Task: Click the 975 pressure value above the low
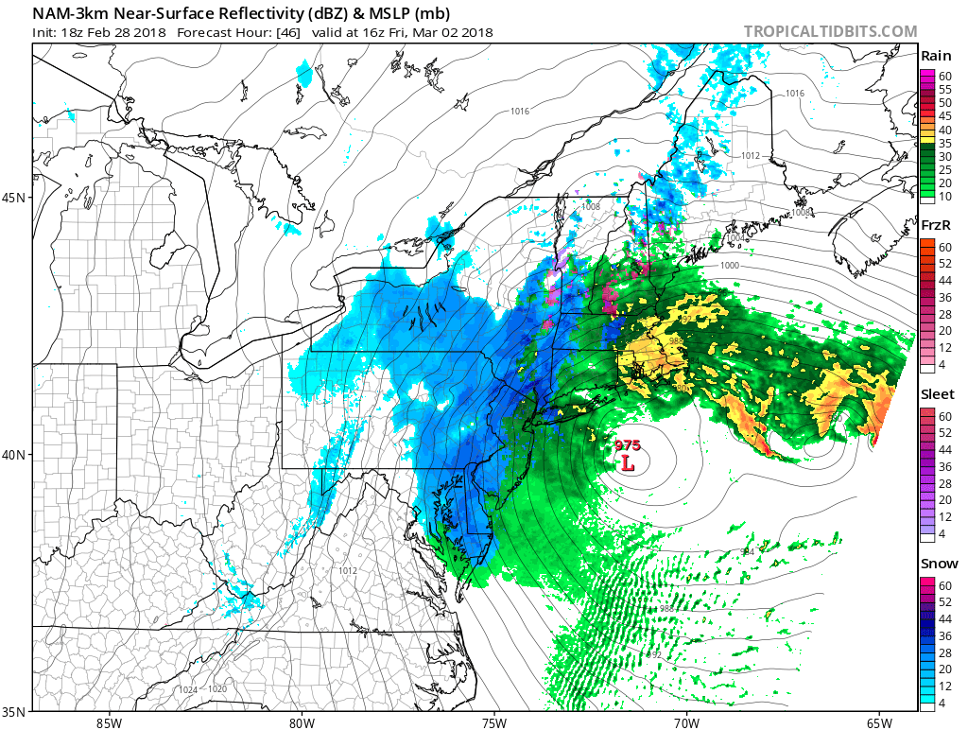628,445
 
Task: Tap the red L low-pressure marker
627,463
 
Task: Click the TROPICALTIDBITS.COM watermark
830,31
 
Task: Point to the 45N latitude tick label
16,198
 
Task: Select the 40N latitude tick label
16,454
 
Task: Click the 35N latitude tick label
16,710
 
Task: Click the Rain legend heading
936,57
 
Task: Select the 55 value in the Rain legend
944,88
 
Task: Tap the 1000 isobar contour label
729,266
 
